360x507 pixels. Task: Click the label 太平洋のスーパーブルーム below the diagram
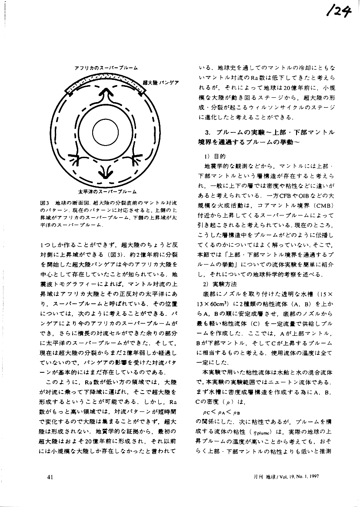pyautogui.click(x=107, y=191)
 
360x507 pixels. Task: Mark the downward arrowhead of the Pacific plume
pyautogui.click(x=105, y=175)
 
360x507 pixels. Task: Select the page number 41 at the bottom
pyautogui.click(x=50, y=477)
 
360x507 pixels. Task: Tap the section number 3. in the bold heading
pyautogui.click(x=207, y=132)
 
